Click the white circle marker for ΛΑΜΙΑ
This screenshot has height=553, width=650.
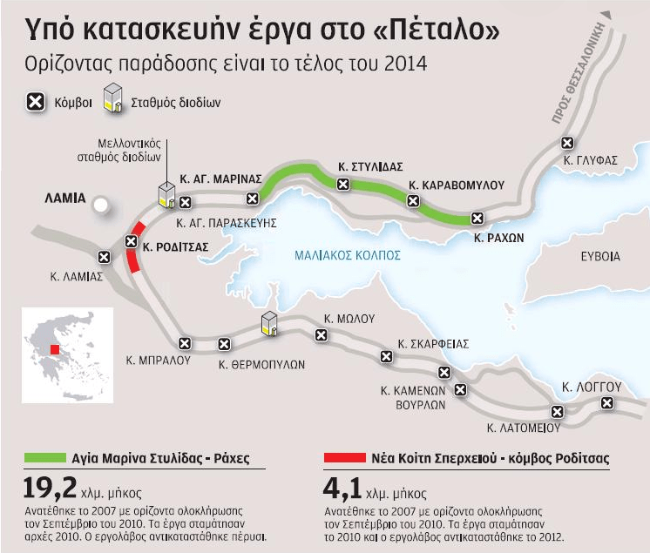(102, 206)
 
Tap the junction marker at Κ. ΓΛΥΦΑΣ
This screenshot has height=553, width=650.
(568, 143)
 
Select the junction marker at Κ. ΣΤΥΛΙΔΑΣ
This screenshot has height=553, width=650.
(343, 184)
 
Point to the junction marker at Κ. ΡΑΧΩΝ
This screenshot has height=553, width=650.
(477, 218)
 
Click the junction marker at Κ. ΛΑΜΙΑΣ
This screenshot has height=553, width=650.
(105, 257)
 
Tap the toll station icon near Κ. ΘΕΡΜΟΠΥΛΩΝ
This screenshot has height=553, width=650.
(269, 323)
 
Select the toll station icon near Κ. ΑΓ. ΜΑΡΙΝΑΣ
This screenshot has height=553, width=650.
(166, 195)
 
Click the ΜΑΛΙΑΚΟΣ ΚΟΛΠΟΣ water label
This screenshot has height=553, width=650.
(347, 255)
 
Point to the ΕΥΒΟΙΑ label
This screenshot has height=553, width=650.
(601, 256)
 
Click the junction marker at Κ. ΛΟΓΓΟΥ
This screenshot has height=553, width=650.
(606, 402)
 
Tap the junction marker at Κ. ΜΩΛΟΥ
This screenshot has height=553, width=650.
(322, 335)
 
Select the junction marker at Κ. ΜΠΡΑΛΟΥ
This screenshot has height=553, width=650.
(185, 343)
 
